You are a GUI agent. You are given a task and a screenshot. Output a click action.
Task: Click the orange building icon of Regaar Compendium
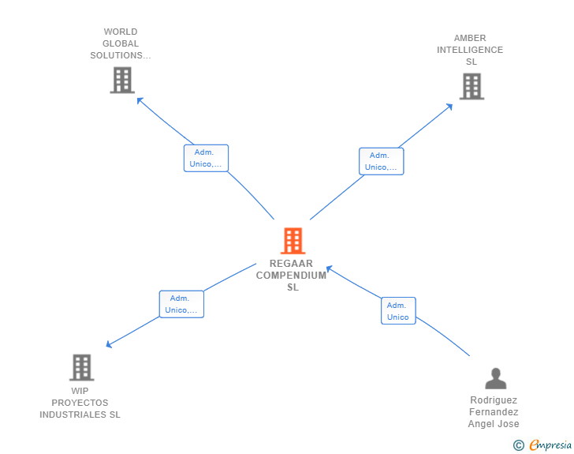293,241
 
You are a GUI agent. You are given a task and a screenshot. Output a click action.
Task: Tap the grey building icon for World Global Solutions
122,80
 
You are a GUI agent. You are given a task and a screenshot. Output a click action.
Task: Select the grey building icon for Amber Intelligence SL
471,86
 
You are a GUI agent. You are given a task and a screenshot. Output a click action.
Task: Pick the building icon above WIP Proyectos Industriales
81,367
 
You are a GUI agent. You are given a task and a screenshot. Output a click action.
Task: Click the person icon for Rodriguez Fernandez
495,378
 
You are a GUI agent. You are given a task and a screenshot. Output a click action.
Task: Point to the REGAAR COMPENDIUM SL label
292,276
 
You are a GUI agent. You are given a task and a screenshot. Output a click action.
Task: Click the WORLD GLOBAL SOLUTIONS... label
120,44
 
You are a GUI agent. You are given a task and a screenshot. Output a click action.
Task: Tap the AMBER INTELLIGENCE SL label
471,50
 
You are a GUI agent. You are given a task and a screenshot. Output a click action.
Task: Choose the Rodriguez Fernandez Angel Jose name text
494,411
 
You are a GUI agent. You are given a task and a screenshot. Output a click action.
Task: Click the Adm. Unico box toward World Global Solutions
206,158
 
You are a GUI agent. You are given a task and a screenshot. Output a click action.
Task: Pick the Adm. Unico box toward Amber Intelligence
381,161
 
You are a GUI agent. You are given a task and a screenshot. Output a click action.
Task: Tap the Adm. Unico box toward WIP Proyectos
181,304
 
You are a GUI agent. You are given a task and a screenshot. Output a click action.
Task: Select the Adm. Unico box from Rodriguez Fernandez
397,311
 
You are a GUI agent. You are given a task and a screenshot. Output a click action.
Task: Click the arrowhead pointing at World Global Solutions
140,99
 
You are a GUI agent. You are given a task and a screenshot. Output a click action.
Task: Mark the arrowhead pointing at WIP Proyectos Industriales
110,344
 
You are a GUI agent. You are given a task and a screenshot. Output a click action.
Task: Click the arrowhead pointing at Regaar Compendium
330,268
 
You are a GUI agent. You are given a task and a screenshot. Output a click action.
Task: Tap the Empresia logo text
550,445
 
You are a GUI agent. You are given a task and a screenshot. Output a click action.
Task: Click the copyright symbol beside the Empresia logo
518,445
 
